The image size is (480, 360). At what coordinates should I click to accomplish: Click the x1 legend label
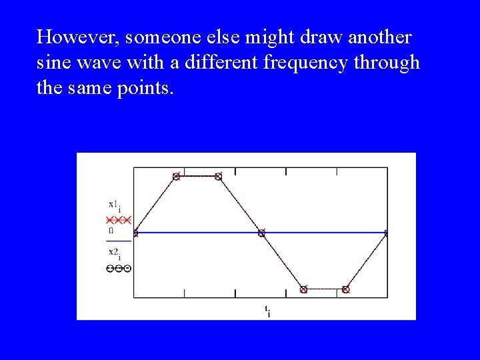pyautogui.click(x=115, y=205)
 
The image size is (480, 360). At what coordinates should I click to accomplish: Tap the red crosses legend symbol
pyautogui.click(x=119, y=219)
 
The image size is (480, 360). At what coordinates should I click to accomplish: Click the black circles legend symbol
pyautogui.click(x=118, y=269)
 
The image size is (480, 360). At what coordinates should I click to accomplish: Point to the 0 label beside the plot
pyautogui.click(x=111, y=231)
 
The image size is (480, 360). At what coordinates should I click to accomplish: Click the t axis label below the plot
pyautogui.click(x=267, y=310)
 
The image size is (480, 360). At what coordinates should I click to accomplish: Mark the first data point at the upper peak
pyautogui.click(x=177, y=177)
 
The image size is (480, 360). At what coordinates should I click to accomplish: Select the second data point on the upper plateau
pyautogui.click(x=218, y=177)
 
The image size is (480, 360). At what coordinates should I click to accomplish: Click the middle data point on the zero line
pyautogui.click(x=261, y=233)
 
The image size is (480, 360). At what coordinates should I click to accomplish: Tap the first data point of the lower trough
pyautogui.click(x=303, y=289)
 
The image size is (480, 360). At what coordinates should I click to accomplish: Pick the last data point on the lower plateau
pyautogui.click(x=345, y=289)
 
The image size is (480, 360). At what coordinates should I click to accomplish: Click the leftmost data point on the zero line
pyautogui.click(x=135, y=233)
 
